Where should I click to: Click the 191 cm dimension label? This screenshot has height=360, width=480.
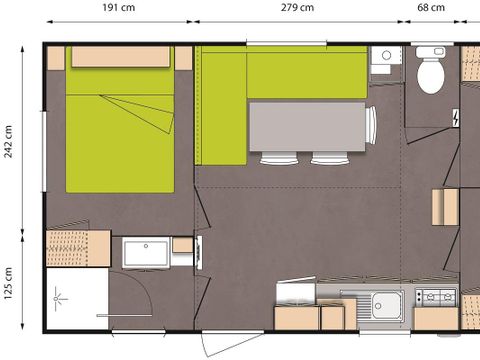(x=118, y=8)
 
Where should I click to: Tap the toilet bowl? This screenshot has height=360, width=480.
(x=430, y=73)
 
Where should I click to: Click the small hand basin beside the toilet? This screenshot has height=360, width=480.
(x=382, y=58)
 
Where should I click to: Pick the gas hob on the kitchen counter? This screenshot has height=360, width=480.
(x=434, y=297)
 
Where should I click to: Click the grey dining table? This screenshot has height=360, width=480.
(x=307, y=126)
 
